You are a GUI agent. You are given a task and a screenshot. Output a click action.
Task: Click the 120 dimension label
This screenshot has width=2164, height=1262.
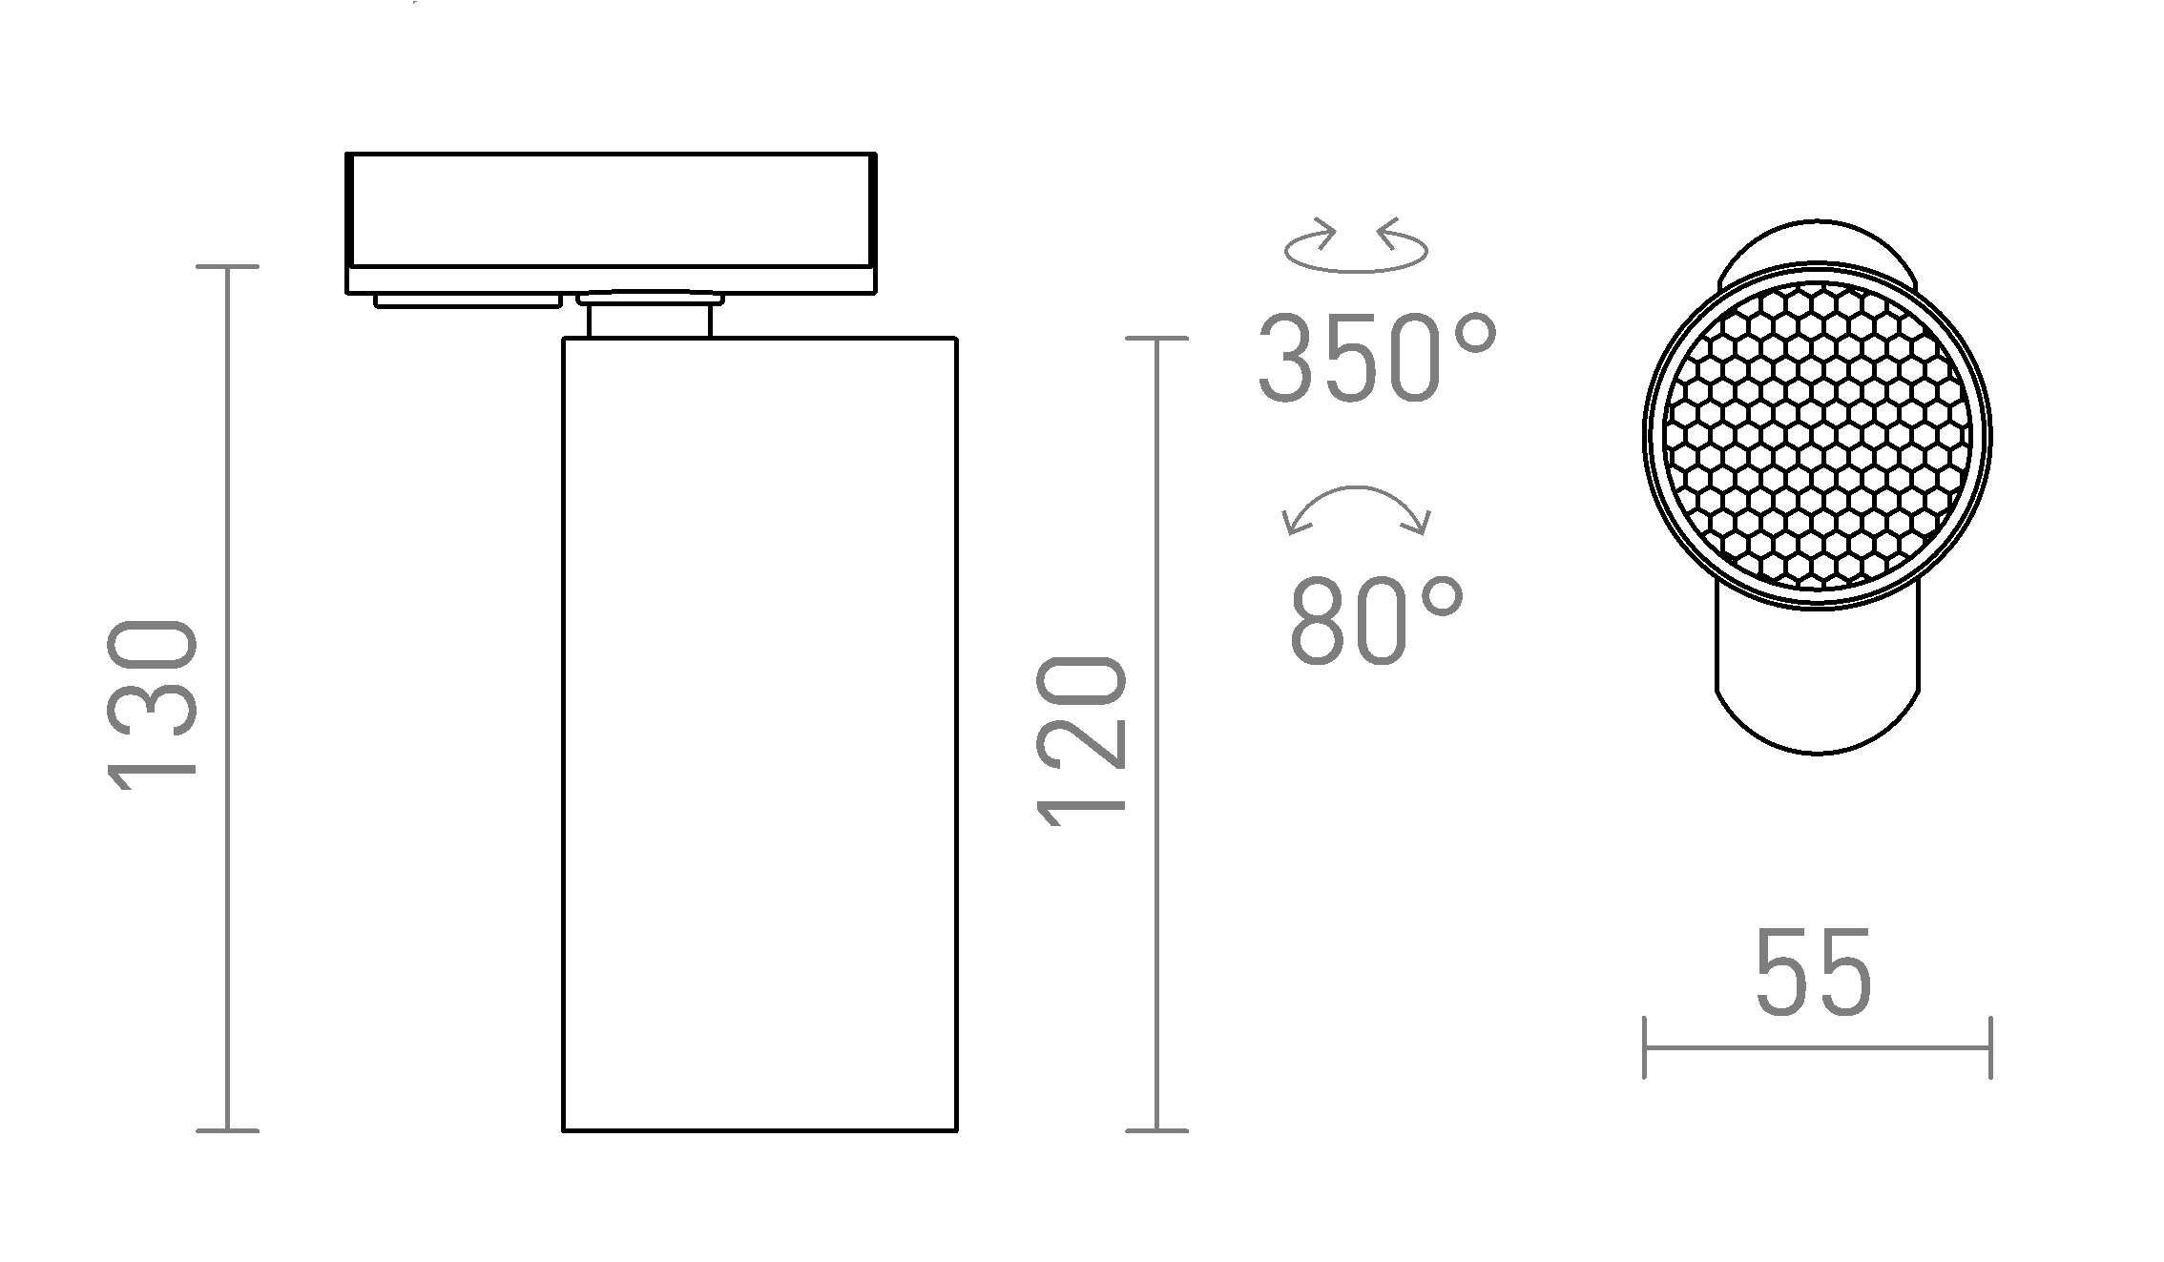1082,740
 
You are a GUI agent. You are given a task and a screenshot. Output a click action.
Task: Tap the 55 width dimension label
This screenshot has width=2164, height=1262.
1814,973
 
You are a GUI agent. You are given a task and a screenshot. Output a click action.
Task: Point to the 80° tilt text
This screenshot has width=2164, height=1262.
1376,621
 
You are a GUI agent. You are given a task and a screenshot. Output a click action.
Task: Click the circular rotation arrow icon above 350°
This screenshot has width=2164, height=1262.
1356,248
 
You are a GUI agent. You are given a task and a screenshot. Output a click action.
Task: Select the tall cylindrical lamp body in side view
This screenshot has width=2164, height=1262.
759,734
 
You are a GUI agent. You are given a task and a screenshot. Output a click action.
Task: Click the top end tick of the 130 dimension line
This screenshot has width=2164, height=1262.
227,267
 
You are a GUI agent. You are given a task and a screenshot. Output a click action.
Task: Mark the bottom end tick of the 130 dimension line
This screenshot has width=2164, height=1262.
227,1130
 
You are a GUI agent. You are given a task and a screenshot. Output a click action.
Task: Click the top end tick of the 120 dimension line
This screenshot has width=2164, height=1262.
1156,338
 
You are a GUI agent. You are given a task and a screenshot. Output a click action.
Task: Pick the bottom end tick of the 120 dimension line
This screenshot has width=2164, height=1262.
1156,1130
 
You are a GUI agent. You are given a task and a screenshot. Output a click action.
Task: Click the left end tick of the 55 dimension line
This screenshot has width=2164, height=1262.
1645,1047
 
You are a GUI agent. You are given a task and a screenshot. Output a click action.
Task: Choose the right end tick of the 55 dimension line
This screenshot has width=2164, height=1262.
1990,1047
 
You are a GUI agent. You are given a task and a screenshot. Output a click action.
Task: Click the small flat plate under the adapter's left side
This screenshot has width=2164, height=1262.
468,301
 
